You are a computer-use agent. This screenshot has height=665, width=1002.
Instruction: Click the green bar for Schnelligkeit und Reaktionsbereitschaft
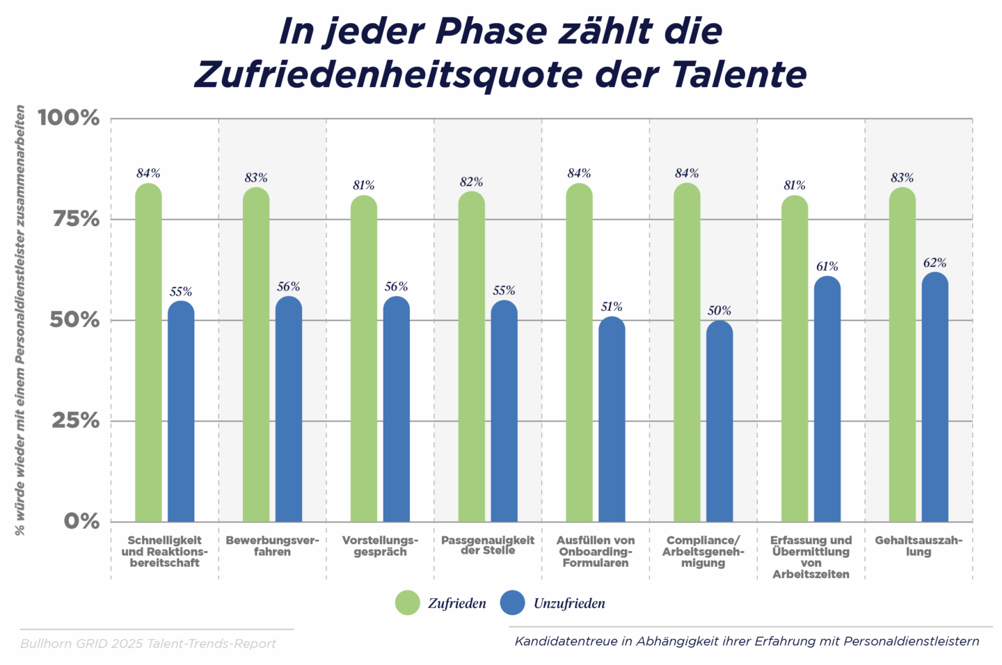tap(148, 355)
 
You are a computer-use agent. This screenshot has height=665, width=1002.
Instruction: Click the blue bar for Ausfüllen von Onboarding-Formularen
tap(612, 420)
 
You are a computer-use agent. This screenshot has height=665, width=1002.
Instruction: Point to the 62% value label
tap(935, 263)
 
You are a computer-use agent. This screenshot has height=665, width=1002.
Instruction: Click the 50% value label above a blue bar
tap(719, 311)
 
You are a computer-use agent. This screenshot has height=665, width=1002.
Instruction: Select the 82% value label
tap(471, 182)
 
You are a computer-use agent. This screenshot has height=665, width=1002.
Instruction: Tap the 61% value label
tap(827, 266)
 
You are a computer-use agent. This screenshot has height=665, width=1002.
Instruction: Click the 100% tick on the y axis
tap(69, 118)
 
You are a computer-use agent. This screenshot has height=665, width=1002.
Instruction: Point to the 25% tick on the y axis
tap(75, 420)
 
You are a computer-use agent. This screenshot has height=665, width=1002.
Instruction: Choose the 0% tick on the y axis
tap(81, 521)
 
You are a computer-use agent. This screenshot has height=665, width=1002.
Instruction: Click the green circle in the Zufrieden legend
tap(407, 603)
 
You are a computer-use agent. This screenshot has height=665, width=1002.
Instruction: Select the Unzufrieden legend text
tap(569, 604)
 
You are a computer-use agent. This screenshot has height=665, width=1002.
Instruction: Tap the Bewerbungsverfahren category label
tap(272, 546)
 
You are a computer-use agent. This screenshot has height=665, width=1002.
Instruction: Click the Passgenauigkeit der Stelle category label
tap(488, 545)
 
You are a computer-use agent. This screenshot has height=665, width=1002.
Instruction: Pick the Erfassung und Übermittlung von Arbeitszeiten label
tap(811, 557)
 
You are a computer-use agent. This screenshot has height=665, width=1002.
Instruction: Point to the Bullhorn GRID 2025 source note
tap(148, 644)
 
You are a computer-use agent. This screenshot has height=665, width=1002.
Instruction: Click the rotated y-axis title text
tap(20, 320)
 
